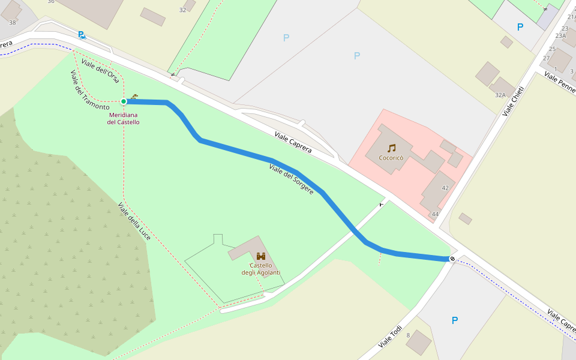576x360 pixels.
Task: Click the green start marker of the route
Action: (x=124, y=101)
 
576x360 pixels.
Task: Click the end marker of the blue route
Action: (x=452, y=259)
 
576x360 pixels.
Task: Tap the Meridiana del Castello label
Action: (x=124, y=118)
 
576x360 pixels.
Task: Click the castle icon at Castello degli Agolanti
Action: (x=261, y=256)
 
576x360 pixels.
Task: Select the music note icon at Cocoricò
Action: (x=391, y=148)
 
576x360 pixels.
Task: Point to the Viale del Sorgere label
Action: (x=291, y=178)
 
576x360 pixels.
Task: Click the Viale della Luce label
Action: (x=134, y=222)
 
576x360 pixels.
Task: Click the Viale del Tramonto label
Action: (x=89, y=90)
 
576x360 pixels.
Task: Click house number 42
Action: (x=445, y=188)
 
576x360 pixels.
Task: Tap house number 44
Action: (x=435, y=214)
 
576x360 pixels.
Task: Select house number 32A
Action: (x=500, y=95)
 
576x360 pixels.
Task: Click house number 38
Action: (x=13, y=23)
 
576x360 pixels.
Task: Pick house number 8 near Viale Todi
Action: (x=408, y=335)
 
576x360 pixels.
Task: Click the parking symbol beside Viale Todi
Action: (x=454, y=320)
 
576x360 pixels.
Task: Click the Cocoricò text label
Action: (x=391, y=158)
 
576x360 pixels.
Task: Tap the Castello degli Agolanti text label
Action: (x=261, y=269)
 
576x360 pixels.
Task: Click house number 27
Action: (x=547, y=58)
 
